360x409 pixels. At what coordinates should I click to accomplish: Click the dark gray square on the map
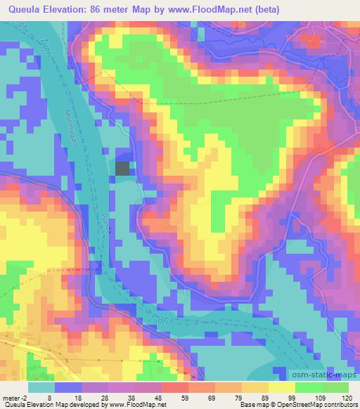pos(122,169)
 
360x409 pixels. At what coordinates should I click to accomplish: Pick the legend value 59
pos(169,396)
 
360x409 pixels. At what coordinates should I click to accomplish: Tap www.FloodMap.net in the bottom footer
pos(132,405)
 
